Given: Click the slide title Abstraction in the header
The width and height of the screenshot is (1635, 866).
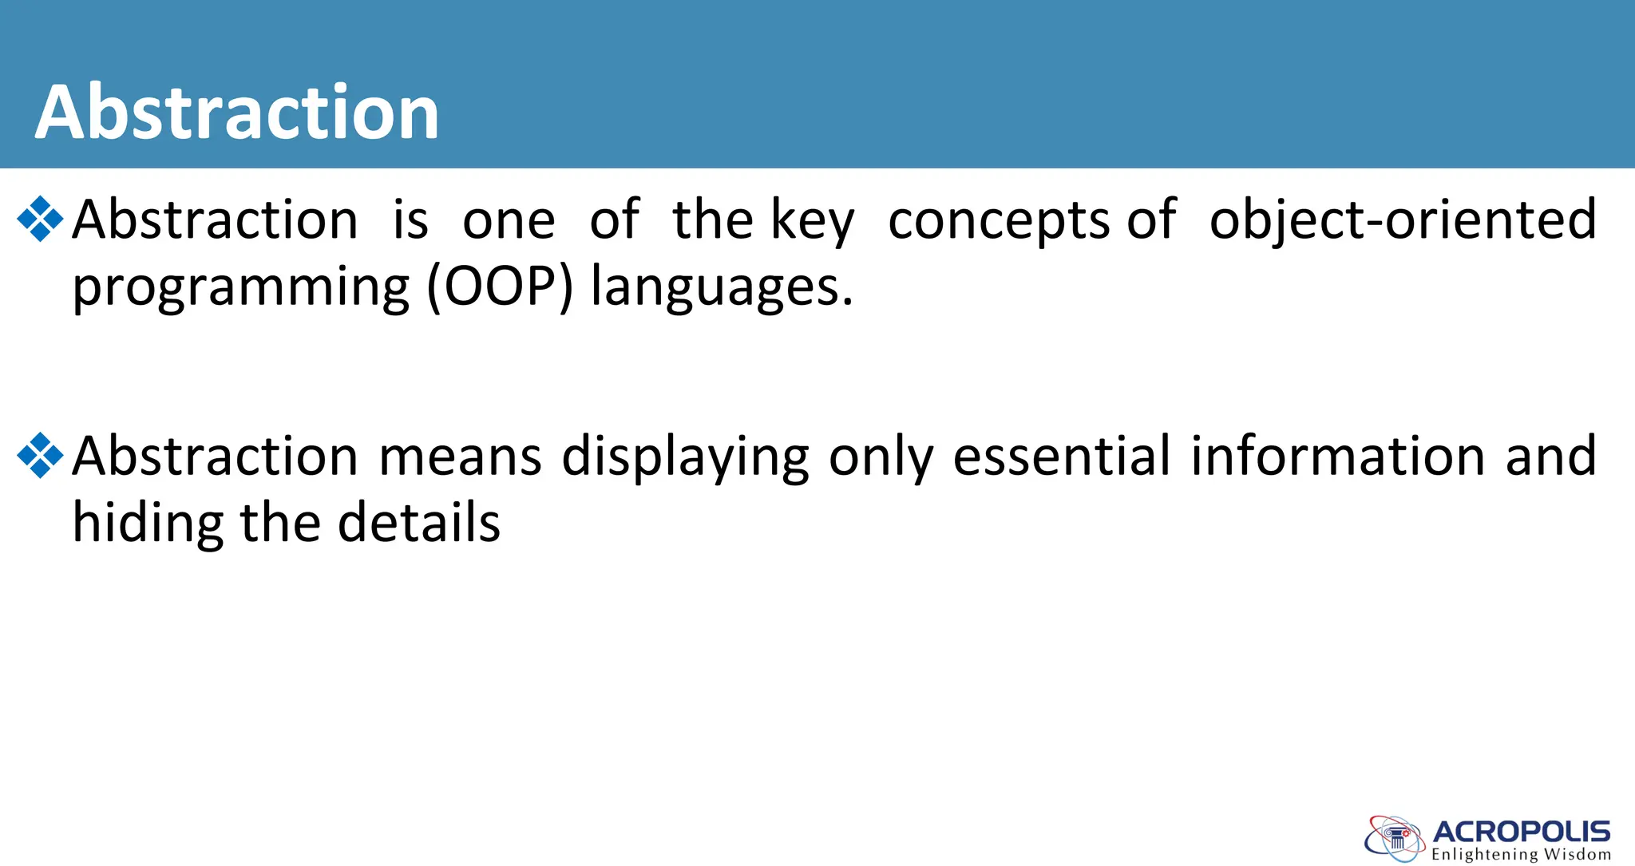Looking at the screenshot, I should coord(237,113).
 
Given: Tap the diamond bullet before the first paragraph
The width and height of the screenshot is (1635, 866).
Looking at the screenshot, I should coord(40,219).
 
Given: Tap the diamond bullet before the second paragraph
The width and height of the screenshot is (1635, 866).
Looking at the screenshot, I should coord(40,456).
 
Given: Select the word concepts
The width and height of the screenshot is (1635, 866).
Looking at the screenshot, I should coord(998,221).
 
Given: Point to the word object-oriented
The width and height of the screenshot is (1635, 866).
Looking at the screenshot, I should coord(1403,219).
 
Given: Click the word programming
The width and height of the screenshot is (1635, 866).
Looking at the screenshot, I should coord(240,287).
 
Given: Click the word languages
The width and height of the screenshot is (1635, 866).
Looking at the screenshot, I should coord(722,287).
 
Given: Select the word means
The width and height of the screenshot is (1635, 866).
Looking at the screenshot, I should coord(460,457).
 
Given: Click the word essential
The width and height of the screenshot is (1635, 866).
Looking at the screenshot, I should coord(1062,457).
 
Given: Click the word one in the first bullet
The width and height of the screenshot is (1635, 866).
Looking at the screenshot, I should coord(509,221).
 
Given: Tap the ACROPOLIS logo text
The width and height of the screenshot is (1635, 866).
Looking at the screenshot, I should coord(1522,832).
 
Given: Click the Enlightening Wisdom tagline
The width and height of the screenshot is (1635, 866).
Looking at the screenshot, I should coord(1521,855).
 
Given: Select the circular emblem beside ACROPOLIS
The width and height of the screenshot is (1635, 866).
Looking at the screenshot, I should coord(1395,839).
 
